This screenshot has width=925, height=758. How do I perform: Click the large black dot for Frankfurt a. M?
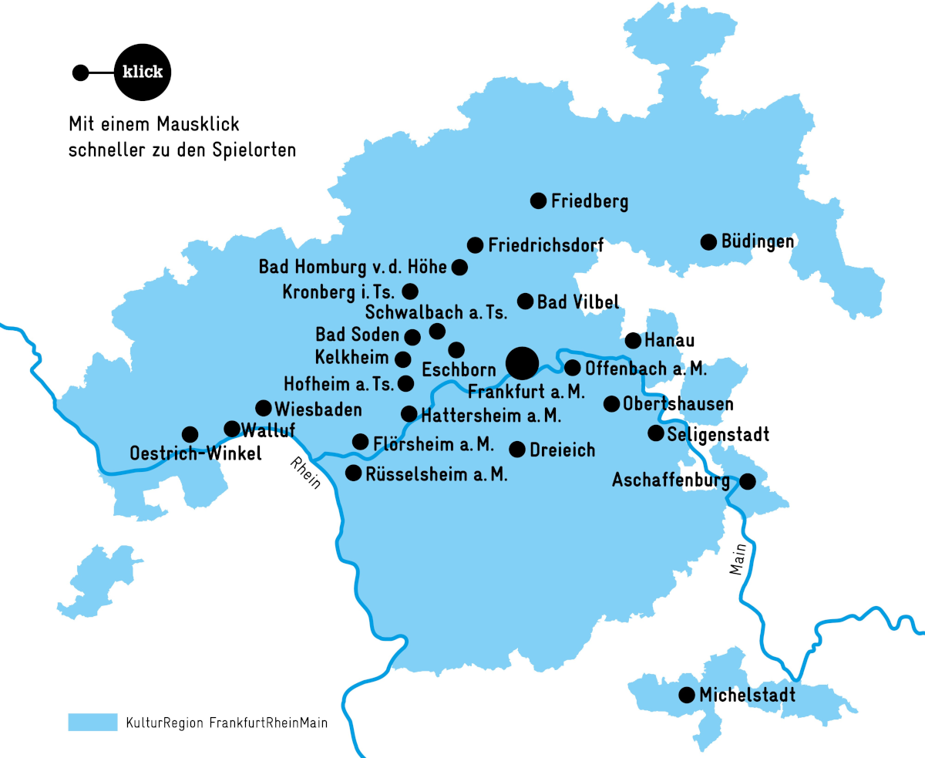[x=522, y=362]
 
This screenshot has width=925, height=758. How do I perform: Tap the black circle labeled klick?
[x=143, y=72]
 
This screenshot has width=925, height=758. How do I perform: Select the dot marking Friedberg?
[x=539, y=201]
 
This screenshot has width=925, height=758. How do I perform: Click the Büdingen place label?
[x=758, y=241]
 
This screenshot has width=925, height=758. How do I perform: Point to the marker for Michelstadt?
[x=686, y=696]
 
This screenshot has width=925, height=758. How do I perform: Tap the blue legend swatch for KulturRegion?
[x=92, y=723]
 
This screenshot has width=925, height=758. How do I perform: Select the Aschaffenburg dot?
[x=747, y=482]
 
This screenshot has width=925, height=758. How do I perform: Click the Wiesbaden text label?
[x=318, y=409]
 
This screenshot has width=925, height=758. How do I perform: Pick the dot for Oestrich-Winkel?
[x=190, y=435]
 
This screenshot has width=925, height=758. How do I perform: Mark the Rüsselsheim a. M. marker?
[x=354, y=473]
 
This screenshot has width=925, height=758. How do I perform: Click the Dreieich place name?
[x=563, y=449]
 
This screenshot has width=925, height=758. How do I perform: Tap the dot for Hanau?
[x=633, y=340]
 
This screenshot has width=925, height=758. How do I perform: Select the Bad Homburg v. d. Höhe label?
[x=352, y=268]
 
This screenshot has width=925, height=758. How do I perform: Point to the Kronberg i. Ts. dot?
[x=410, y=291]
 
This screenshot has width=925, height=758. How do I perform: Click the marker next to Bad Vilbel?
[x=525, y=301]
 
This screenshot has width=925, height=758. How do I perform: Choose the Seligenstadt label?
[x=718, y=434]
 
